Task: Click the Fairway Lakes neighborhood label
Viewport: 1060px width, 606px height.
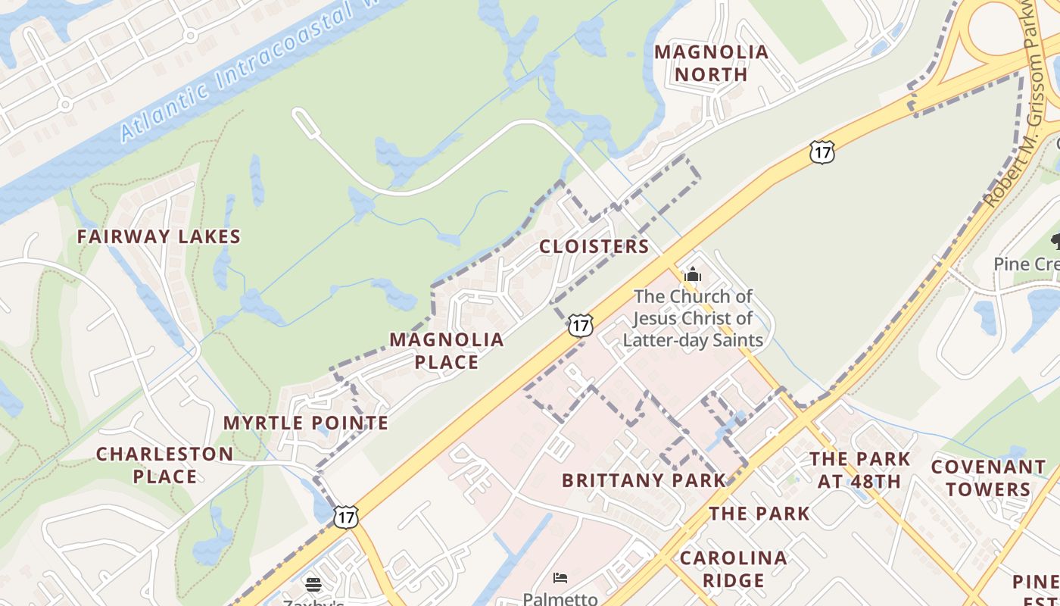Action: pos(158,236)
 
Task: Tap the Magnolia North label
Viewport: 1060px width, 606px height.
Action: pos(711,63)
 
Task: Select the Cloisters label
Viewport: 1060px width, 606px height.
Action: pos(594,246)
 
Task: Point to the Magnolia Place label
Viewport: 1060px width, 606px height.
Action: pos(447,350)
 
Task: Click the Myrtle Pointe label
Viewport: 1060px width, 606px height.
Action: pos(305,423)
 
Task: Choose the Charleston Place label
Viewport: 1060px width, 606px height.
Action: pos(164,465)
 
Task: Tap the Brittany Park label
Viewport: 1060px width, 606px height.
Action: pos(644,480)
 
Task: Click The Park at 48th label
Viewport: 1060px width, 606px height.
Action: pos(859,470)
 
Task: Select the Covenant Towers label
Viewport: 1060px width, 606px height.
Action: pos(988,478)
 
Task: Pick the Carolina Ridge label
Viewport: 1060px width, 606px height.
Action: pos(733,569)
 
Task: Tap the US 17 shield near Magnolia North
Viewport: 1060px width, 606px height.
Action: pos(821,151)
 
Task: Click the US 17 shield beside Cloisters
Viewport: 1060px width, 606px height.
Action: pos(580,326)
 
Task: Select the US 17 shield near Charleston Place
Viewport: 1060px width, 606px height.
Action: pos(345,517)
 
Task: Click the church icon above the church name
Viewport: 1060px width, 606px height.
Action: pos(692,274)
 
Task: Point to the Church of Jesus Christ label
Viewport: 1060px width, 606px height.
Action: pos(693,318)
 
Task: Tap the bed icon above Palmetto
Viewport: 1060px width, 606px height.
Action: pos(560,578)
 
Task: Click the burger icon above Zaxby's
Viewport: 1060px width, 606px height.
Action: pos(313,584)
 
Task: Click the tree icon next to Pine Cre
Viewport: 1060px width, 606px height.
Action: pos(1055,242)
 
